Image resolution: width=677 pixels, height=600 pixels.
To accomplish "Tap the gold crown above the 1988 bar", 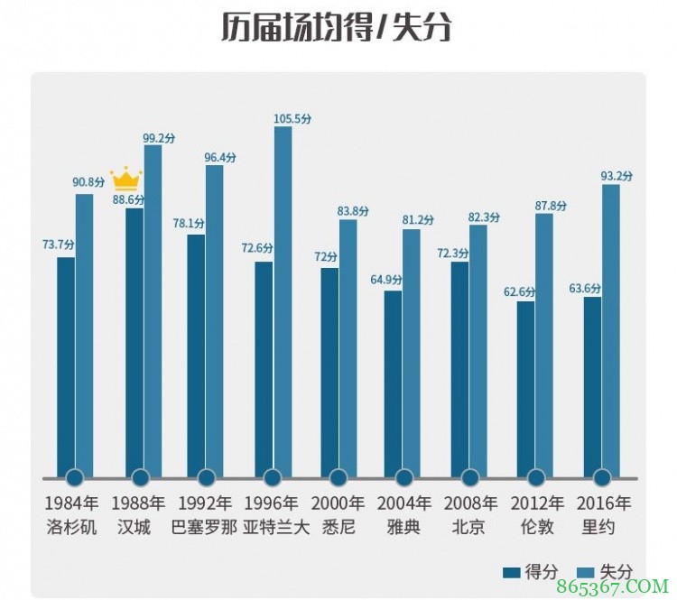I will click(x=125, y=178).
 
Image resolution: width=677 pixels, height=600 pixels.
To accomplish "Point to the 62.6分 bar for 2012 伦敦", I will click(x=526, y=389).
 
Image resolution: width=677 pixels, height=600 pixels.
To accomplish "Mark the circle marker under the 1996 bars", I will click(x=273, y=477).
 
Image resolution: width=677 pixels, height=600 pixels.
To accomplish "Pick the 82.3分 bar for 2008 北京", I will click(x=478, y=351).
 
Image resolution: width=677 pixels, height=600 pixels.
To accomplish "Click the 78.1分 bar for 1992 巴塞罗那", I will click(x=196, y=356).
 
